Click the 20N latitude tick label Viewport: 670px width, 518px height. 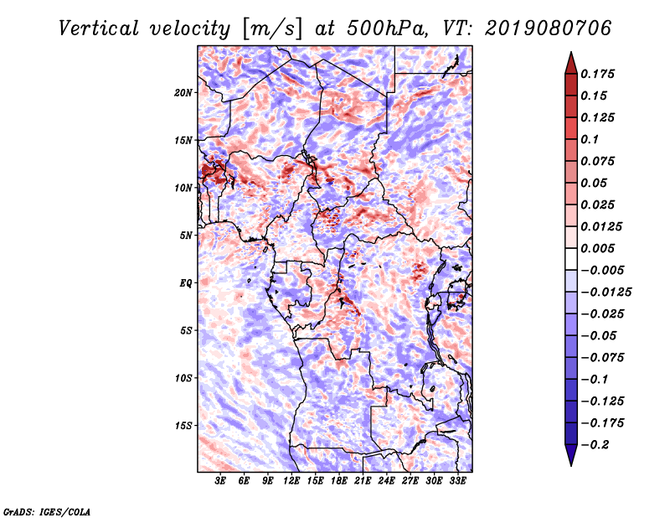(x=183, y=92)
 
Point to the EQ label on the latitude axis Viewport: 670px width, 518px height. (x=186, y=283)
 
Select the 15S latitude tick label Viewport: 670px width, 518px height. (x=183, y=426)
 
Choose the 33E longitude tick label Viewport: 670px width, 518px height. (x=457, y=481)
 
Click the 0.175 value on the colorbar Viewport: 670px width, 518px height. (x=600, y=74)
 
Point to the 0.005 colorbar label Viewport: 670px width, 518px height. (x=600, y=248)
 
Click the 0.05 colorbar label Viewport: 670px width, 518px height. (x=596, y=183)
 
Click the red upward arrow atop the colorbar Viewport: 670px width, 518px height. (x=569, y=61)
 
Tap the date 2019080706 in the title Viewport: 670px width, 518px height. (x=537, y=28)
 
